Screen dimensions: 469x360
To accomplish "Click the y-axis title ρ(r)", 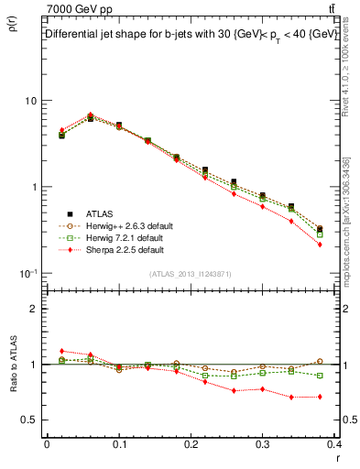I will (12, 26).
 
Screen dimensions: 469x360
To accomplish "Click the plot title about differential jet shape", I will (191, 34).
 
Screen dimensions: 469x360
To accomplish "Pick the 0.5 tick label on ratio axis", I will (30, 420).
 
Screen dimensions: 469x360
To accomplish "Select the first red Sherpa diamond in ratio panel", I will (61, 351).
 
